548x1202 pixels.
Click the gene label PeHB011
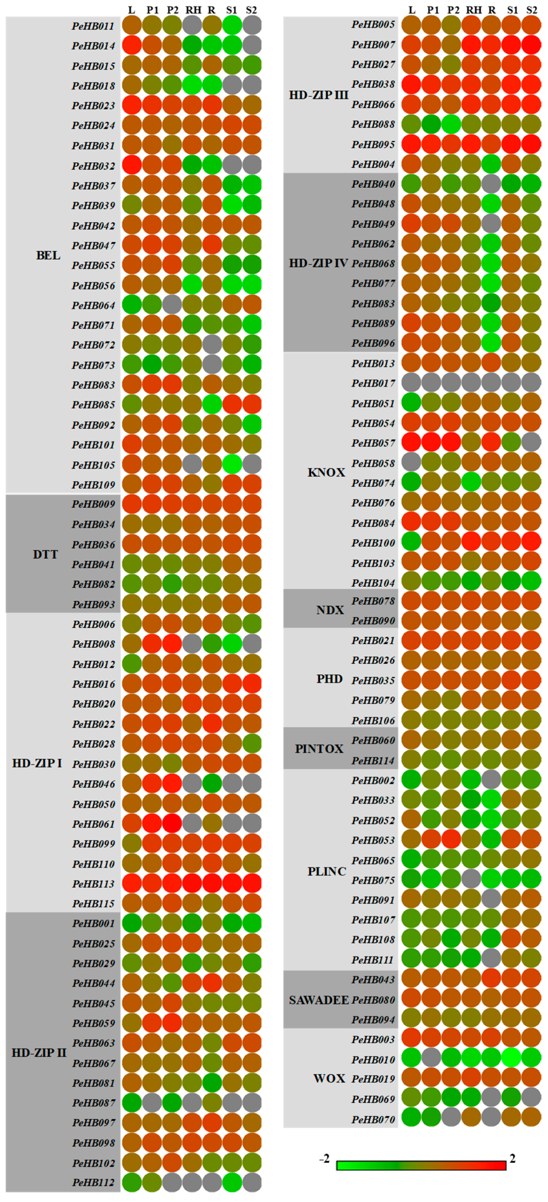[x=93, y=26]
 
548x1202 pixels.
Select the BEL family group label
[x=48, y=255]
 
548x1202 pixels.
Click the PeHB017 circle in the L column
[x=411, y=383]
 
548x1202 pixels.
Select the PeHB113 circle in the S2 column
[x=252, y=883]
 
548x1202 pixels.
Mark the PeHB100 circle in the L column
[x=411, y=543]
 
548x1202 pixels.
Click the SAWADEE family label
[x=318, y=1000]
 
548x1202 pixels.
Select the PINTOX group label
[x=319, y=749]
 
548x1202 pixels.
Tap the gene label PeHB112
[x=93, y=1182]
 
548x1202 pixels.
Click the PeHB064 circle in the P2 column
[x=172, y=305]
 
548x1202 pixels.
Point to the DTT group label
[x=45, y=554]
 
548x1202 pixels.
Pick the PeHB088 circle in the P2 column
[x=451, y=124]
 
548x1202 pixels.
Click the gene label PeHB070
[x=373, y=1119]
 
